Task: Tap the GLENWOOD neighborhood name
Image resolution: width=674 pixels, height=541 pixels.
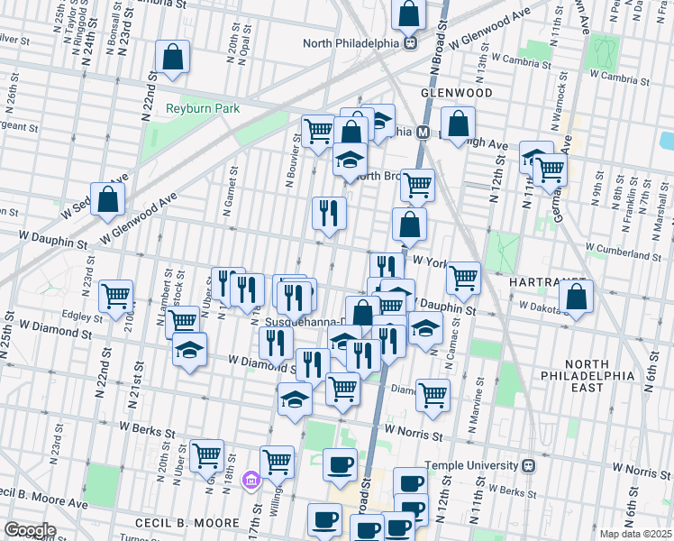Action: (x=455, y=93)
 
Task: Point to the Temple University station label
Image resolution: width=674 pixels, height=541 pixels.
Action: (x=473, y=465)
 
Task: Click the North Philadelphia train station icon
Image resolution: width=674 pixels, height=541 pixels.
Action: (x=409, y=41)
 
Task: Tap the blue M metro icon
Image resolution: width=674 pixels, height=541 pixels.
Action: (x=423, y=133)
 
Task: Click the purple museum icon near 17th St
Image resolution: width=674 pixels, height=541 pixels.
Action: (x=251, y=479)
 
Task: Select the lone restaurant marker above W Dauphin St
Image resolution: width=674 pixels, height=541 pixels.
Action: (x=329, y=214)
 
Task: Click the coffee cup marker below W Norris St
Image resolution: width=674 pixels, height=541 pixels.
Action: (x=340, y=463)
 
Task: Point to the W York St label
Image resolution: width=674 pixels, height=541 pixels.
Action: (x=431, y=260)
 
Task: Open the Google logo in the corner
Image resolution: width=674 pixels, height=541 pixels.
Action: (x=30, y=529)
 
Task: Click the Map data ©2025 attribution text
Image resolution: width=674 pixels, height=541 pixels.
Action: (x=634, y=534)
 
